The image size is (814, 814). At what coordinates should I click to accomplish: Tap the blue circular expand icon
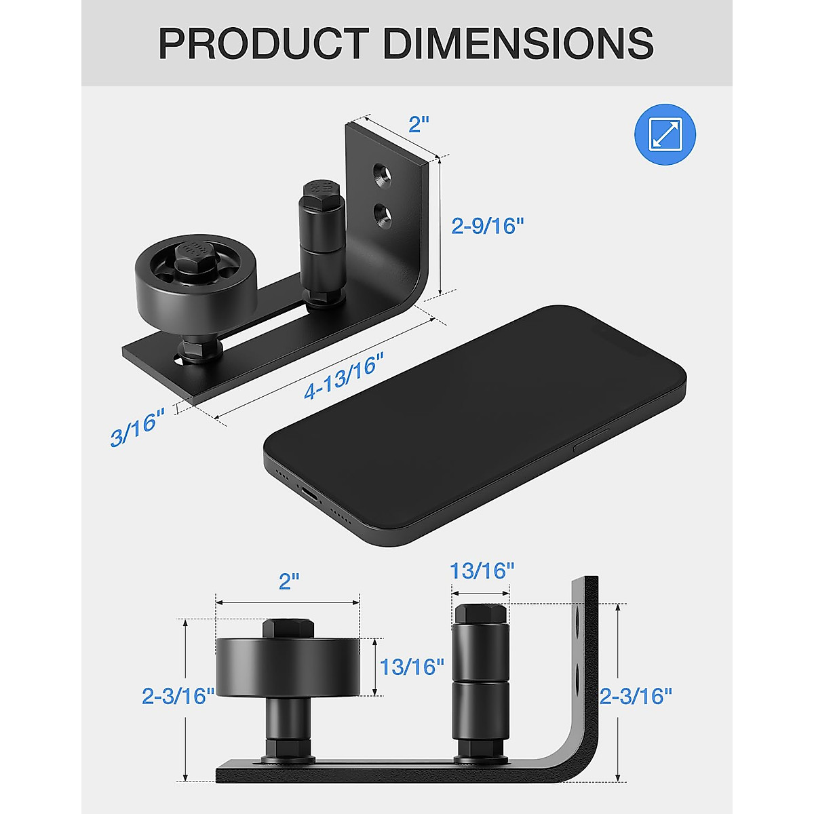click(x=665, y=134)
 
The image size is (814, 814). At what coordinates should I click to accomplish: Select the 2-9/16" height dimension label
click(x=488, y=226)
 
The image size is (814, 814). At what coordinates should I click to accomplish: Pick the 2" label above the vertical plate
click(x=419, y=125)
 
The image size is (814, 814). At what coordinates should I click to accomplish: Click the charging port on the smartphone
click(x=309, y=495)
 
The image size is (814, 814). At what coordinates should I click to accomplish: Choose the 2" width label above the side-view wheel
click(x=289, y=581)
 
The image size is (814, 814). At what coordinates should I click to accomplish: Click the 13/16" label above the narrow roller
click(x=482, y=570)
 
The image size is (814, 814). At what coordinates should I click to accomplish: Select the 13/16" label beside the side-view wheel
click(x=412, y=667)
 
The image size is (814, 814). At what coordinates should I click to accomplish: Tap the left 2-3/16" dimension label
click(x=178, y=696)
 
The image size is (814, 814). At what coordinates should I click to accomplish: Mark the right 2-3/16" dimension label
click(x=636, y=696)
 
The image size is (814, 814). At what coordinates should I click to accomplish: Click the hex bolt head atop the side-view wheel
click(x=288, y=627)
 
